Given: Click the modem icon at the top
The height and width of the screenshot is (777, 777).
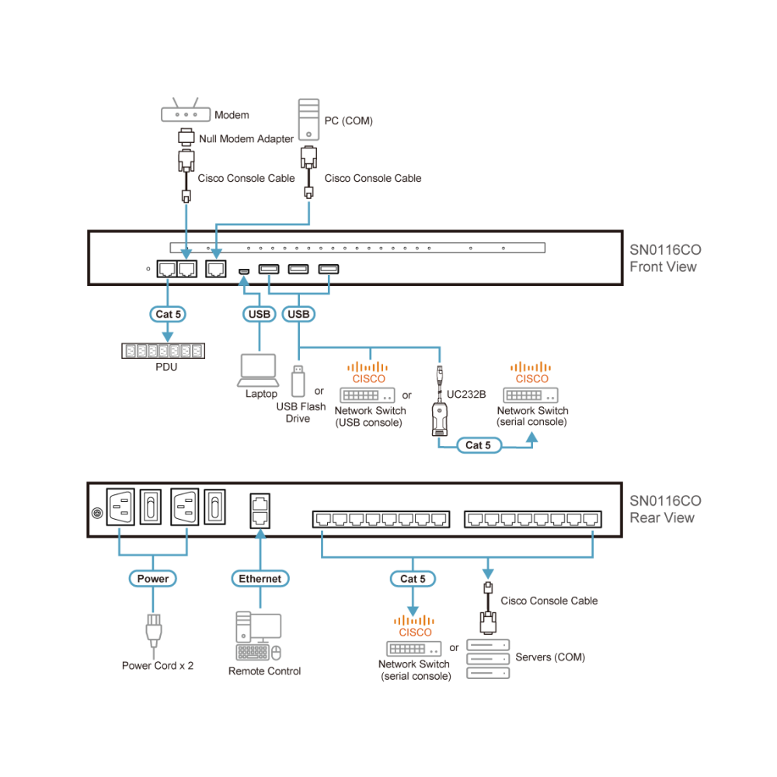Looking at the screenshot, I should pyautogui.click(x=186, y=112).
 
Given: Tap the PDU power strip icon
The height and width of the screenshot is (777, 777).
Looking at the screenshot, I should pyautogui.click(x=162, y=350).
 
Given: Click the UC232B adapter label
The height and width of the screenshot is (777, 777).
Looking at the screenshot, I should pyautogui.click(x=466, y=394).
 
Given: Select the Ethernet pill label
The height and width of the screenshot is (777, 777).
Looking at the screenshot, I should pyautogui.click(x=260, y=578).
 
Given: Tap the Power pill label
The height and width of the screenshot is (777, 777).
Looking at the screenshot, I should pyautogui.click(x=152, y=578).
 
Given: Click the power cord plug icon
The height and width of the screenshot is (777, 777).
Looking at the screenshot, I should pyautogui.click(x=152, y=631).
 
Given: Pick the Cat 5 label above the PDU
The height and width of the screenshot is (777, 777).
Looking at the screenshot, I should pyautogui.click(x=168, y=314).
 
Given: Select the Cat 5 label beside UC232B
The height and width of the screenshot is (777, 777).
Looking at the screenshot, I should pyautogui.click(x=478, y=445).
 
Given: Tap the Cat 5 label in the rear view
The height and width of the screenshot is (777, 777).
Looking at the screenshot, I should pyautogui.click(x=413, y=578).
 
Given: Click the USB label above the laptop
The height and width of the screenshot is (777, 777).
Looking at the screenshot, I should pyautogui.click(x=259, y=314).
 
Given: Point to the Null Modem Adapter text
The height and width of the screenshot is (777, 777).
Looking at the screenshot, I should pyautogui.click(x=244, y=139).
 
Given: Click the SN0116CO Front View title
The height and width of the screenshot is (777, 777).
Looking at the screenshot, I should pyautogui.click(x=664, y=259).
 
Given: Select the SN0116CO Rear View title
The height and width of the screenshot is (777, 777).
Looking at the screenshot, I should pyautogui.click(x=664, y=510).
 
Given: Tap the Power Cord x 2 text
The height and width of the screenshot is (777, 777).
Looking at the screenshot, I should pyautogui.click(x=158, y=666).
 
